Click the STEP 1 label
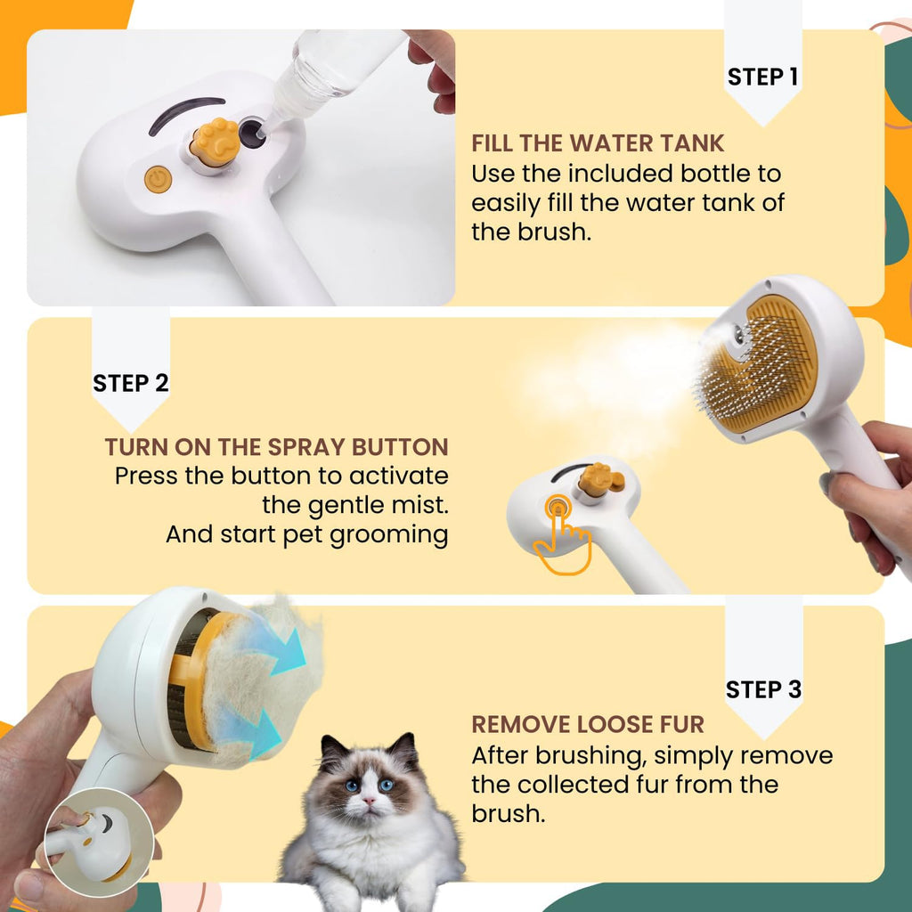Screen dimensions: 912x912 click(x=762, y=77)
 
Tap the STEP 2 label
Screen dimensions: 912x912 click(x=130, y=383)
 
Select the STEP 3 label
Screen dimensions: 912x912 click(x=763, y=689)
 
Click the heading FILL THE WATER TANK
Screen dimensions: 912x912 click(x=598, y=143)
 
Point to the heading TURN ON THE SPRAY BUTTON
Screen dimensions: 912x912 click(x=276, y=447)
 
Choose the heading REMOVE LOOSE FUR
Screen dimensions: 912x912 click(x=587, y=724)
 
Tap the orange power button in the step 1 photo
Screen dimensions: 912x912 click(x=158, y=179)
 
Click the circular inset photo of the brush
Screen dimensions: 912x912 click(x=99, y=842)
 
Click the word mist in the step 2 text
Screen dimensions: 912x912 click(x=415, y=506)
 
